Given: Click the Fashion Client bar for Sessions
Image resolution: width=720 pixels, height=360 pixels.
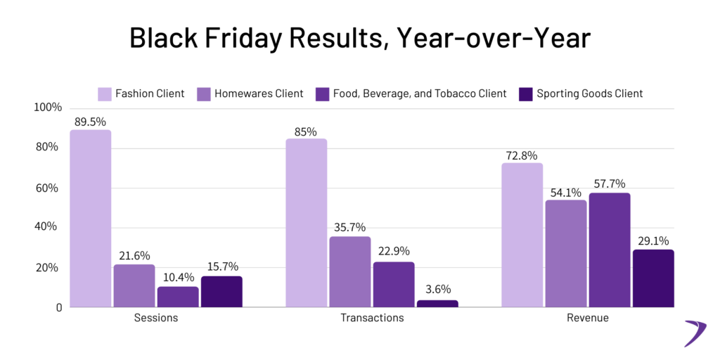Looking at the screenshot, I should coord(90,219).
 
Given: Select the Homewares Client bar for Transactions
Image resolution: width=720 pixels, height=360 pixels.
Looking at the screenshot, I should coord(349,272).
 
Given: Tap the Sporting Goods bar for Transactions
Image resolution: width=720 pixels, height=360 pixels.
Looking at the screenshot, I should coord(437,304).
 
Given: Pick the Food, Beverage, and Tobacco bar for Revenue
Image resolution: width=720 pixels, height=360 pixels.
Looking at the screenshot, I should coord(609,250).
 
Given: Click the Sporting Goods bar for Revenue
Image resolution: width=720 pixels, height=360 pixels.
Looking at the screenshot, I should coord(653,278).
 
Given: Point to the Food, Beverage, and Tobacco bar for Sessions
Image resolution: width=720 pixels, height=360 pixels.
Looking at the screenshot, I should coord(177,297).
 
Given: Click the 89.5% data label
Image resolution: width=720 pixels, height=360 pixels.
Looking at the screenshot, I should coord(90,120).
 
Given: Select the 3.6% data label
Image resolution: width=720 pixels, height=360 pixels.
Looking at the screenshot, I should coord(437,289).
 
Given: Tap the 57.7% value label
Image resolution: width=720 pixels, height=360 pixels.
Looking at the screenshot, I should coord(609,183).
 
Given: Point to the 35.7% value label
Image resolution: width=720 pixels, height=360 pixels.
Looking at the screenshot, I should coord(349,226).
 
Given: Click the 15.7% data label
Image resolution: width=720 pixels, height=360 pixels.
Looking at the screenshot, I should coord(221,266).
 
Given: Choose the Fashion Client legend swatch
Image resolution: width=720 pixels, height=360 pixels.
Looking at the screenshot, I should coord(104,94).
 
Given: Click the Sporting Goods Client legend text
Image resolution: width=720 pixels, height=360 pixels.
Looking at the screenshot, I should coord(589,94).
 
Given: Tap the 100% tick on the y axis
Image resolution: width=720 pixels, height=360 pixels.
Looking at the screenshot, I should coord(46,108).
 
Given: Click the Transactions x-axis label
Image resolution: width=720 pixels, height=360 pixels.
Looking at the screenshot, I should coord(372,318).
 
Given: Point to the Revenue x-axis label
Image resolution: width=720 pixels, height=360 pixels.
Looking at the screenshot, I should coord(587,318).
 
